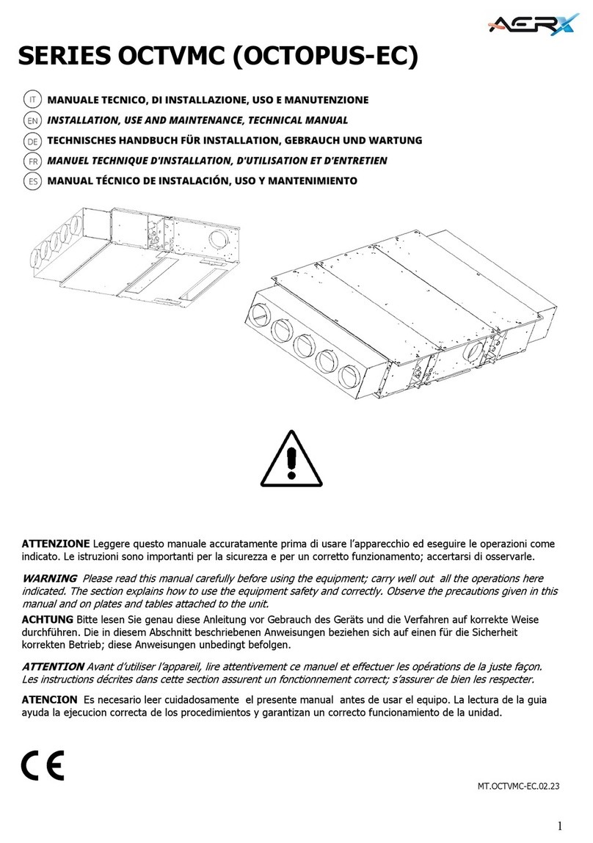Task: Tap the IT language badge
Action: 32,99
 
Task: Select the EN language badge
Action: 32,120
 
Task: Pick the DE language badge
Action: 32,140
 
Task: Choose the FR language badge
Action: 32,160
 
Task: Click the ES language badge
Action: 32,180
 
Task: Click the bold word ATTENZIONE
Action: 55,544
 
